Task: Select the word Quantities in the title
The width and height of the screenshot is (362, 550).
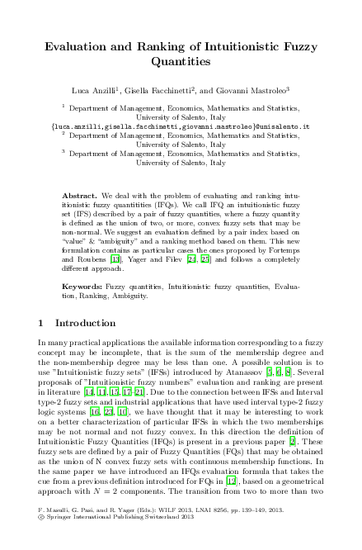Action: [x=181, y=61]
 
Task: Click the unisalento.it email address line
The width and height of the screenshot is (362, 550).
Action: [x=181, y=127]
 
